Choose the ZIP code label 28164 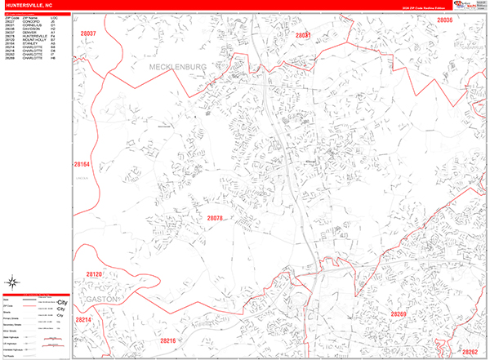pyautogui.click(x=82, y=163)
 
